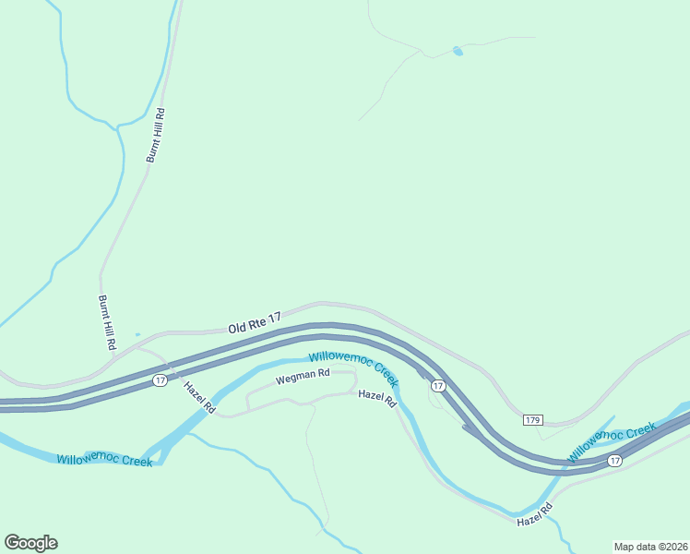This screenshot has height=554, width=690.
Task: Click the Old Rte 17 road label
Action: (x=254, y=322)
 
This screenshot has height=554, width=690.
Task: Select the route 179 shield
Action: (x=532, y=420)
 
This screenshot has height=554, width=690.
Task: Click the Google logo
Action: (x=30, y=543)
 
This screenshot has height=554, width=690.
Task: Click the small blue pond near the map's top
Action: (x=458, y=51)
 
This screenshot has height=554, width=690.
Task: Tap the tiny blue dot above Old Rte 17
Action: (x=137, y=334)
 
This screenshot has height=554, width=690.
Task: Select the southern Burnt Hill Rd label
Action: (x=106, y=322)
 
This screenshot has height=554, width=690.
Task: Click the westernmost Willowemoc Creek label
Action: (x=104, y=460)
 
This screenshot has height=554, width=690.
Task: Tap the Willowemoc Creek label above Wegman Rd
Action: (x=353, y=367)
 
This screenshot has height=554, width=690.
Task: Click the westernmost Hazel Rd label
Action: (x=198, y=397)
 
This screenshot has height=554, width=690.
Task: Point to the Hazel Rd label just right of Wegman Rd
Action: (x=376, y=399)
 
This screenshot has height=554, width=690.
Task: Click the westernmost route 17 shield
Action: (x=160, y=380)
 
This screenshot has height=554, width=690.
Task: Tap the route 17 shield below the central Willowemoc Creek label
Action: (x=438, y=386)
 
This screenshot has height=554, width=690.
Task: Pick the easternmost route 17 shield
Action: (x=614, y=460)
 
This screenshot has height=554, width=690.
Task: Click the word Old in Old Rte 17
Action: (x=239, y=327)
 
